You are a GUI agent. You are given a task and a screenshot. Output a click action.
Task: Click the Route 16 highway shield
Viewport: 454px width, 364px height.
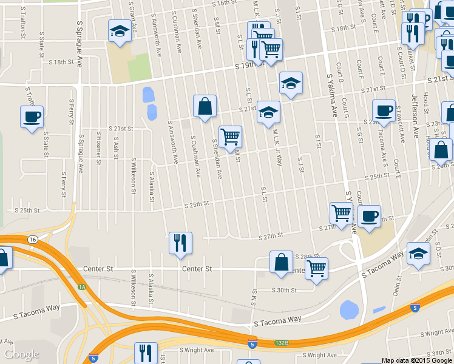point(33,240)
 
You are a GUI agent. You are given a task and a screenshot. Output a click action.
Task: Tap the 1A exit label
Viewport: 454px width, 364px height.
point(81,286)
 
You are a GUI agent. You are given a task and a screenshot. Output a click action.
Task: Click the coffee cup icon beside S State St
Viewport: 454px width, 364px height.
point(32,117)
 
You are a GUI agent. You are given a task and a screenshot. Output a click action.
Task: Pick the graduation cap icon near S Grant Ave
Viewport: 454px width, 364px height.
point(120,32)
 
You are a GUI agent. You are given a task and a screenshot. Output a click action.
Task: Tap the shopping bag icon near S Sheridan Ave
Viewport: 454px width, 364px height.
point(205,106)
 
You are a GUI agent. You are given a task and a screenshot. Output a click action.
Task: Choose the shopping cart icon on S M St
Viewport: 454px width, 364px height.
point(230,137)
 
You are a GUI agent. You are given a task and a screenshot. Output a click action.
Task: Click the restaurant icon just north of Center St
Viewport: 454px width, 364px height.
point(180,243)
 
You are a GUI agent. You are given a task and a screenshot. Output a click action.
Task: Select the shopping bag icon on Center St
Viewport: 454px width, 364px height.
point(282,262)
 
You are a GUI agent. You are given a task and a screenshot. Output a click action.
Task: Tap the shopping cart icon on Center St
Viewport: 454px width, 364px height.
point(316,268)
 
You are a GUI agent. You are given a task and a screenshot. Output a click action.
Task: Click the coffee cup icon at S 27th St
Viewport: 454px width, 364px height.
point(369,217)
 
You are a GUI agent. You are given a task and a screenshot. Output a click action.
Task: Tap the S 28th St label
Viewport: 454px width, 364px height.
point(309,257)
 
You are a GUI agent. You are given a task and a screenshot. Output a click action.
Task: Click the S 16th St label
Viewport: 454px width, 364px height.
point(223,4)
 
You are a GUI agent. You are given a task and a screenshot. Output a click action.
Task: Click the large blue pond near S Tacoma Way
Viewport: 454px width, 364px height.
point(350,310)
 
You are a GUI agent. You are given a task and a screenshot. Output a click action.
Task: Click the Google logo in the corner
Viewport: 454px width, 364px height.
point(21,354)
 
